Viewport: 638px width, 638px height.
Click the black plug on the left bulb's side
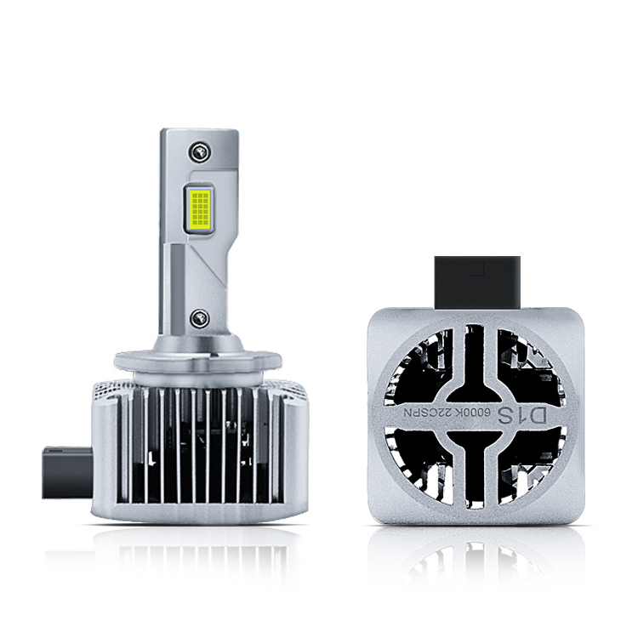tap(67, 473)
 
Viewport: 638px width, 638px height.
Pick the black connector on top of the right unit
tap(477, 282)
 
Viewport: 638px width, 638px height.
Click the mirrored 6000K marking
tap(487, 416)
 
